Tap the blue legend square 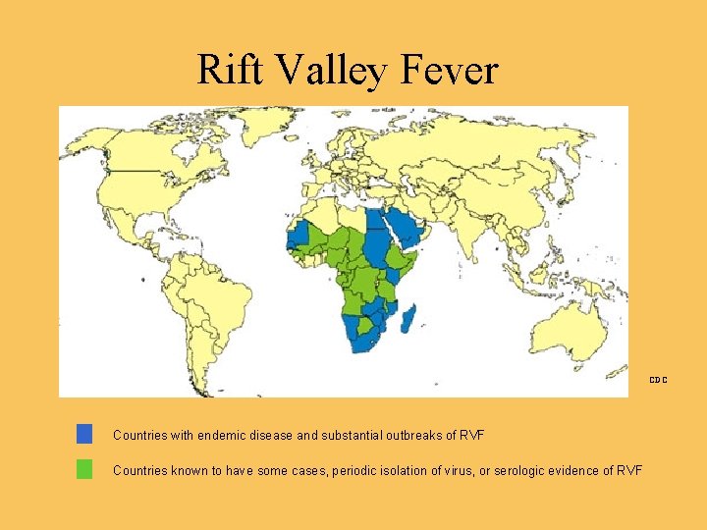84,434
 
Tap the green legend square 84,469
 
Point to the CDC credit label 657,379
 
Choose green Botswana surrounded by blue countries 364,325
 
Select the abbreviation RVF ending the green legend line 629,470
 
